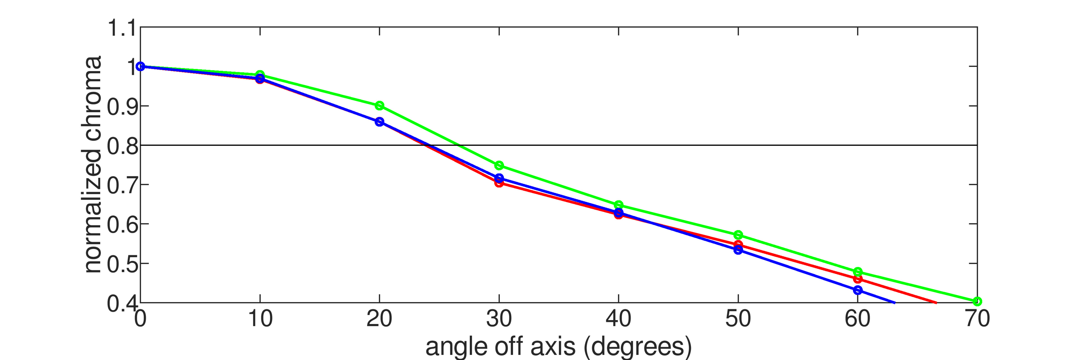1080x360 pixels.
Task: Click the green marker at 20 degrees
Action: click(379, 106)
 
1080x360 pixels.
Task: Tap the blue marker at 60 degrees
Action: click(858, 290)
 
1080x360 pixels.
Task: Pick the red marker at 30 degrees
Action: click(499, 183)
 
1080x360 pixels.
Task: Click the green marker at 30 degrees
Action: click(499, 166)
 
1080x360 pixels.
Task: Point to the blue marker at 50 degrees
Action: click(738, 250)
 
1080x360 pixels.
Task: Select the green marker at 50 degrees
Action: click(738, 235)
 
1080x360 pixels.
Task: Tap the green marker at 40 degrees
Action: click(618, 205)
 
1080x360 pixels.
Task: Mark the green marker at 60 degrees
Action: click(858, 272)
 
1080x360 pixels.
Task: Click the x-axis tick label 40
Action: click(618, 319)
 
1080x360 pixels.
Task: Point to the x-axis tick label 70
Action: click(977, 319)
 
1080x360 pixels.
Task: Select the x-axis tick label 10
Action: click(260, 319)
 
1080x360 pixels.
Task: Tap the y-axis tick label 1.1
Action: click(122, 28)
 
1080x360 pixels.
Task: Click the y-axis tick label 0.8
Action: click(122, 146)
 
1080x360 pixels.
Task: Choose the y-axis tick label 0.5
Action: click(122, 264)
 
